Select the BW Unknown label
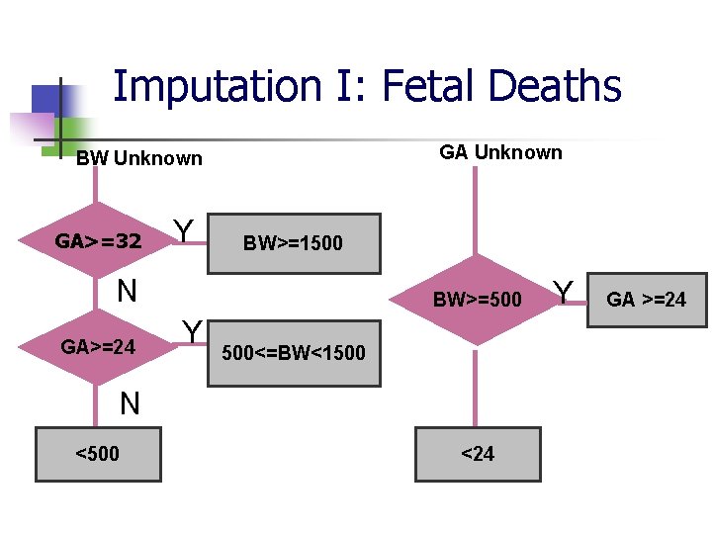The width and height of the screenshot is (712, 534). pyautogui.click(x=138, y=158)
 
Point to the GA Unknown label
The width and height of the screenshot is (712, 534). pyautogui.click(x=500, y=152)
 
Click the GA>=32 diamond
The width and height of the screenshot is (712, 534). pyautogui.click(x=97, y=241)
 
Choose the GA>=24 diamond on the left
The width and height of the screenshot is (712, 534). pyautogui.click(x=97, y=347)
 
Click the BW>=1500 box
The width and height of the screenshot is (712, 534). pyautogui.click(x=293, y=243)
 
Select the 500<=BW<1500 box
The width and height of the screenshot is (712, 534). pyautogui.click(x=294, y=352)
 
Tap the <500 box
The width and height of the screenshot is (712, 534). pyautogui.click(x=97, y=454)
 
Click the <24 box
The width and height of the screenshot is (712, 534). pyautogui.click(x=478, y=454)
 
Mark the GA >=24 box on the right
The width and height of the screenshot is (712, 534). pyautogui.click(x=646, y=300)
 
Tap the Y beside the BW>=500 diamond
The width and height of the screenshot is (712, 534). pyautogui.click(x=564, y=292)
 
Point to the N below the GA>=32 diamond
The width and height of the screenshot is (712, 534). pyautogui.click(x=126, y=291)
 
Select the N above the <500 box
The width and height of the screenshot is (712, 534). pyautogui.click(x=130, y=402)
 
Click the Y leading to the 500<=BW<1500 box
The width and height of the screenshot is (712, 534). pyautogui.click(x=192, y=330)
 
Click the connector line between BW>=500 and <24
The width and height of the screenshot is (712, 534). pyautogui.click(x=477, y=386)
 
